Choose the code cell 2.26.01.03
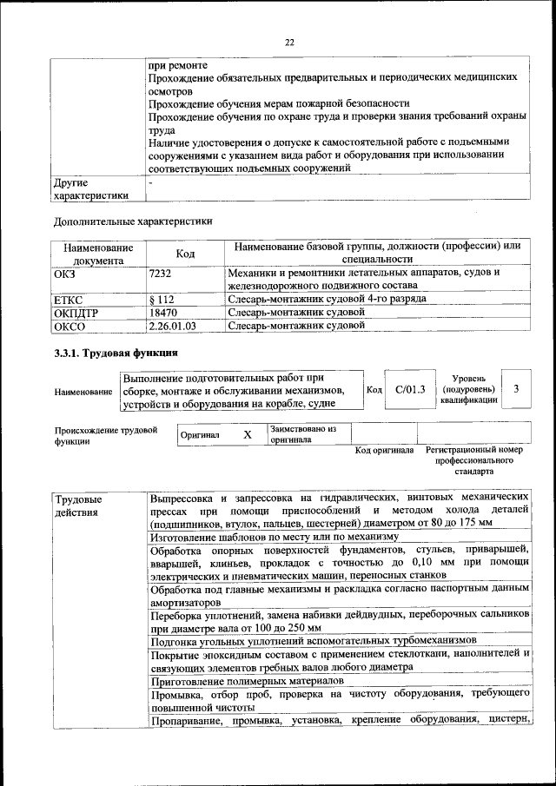click(173, 327)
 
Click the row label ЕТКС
click(71, 299)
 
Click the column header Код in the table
click(185, 254)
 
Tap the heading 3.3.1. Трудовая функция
click(116, 353)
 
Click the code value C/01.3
click(409, 389)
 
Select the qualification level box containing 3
click(516, 389)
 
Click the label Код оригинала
click(384, 451)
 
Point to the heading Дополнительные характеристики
click(133, 221)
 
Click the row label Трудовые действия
click(78, 505)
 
